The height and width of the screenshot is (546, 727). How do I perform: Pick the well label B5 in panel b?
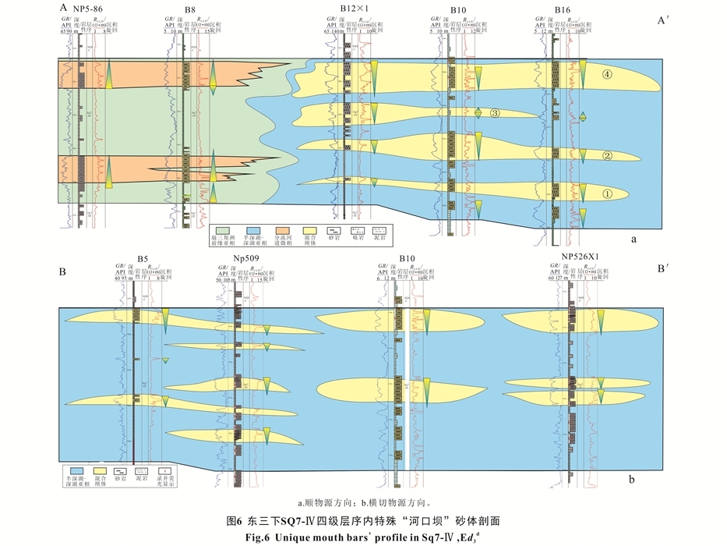(143, 258)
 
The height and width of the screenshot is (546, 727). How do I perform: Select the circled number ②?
(607, 155)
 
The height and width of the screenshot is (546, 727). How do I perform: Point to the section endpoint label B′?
(663, 268)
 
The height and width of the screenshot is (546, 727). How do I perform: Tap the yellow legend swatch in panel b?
(99, 471)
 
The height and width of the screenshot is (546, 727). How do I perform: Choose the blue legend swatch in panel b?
(76, 471)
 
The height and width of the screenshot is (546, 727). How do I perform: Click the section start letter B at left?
(62, 272)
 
